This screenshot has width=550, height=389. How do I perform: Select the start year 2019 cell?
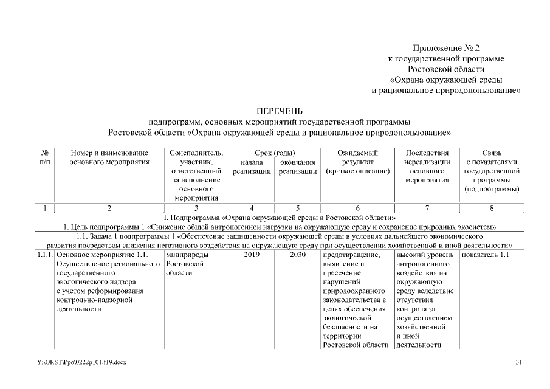252,255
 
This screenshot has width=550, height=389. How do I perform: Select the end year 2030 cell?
298,255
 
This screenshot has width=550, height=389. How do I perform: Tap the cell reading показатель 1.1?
485,255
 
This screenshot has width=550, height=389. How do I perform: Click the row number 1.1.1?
45,255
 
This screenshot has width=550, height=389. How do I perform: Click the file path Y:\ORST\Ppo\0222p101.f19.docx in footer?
81,362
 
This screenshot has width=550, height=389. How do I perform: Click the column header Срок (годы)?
274,153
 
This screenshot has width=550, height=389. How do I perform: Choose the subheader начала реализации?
252,167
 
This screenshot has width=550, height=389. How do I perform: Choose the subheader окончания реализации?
298,167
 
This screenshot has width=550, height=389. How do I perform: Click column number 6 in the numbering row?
357,208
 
